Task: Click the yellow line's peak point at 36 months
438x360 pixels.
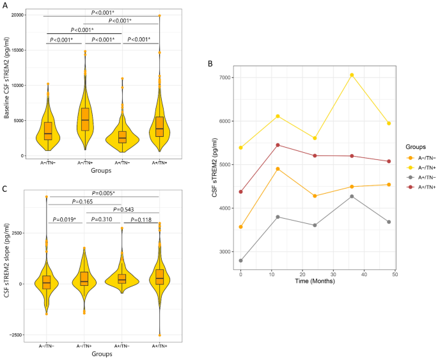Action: point(351,75)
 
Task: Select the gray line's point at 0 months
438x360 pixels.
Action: point(240,260)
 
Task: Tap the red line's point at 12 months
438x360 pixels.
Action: point(278,145)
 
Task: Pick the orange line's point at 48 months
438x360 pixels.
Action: point(389,185)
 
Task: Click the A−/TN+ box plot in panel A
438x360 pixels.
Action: point(85,119)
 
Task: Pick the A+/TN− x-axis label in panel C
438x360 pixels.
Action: point(121,346)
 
